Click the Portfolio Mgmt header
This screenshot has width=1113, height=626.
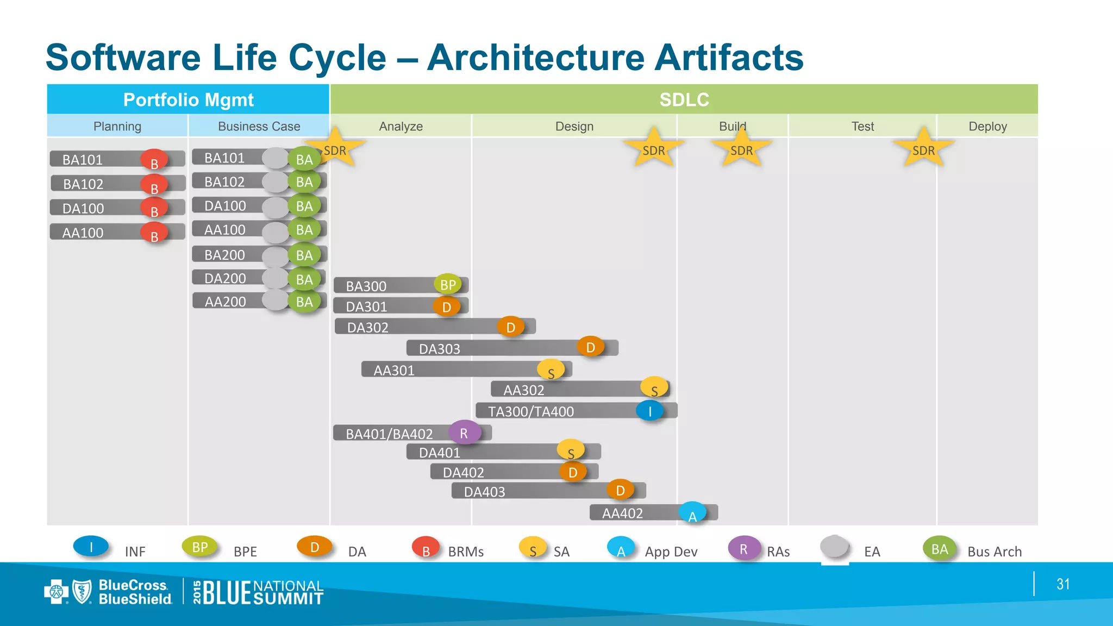click(188, 99)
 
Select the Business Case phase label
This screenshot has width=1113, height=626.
click(259, 126)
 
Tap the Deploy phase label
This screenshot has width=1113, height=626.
click(987, 126)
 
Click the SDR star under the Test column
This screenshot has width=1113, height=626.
click(923, 149)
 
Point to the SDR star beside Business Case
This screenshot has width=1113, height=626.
click(335, 149)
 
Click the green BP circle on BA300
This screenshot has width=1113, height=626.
click(448, 284)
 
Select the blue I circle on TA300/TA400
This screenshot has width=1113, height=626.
click(650, 411)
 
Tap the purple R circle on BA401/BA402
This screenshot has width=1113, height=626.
click(464, 433)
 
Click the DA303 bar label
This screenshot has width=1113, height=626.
click(439, 349)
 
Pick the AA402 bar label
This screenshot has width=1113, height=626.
click(622, 513)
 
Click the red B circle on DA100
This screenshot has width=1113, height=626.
click(154, 209)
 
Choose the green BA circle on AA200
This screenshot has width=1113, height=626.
click(304, 302)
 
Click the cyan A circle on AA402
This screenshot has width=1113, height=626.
click(692, 514)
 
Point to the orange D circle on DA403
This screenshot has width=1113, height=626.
click(620, 491)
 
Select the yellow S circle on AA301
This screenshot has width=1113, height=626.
click(551, 371)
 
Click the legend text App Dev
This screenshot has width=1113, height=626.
click(671, 552)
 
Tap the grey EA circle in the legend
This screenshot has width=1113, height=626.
click(834, 547)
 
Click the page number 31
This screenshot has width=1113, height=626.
click(1063, 584)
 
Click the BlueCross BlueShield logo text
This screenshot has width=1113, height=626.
click(134, 592)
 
